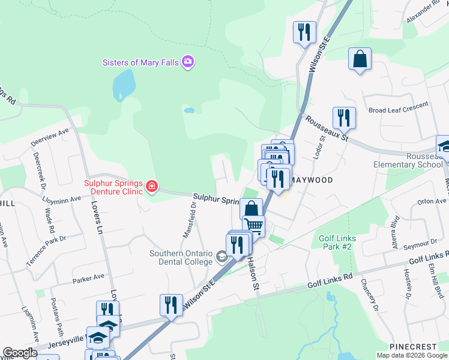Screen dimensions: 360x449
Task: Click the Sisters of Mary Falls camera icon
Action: coord(188,62)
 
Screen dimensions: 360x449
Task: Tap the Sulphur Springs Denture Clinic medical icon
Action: coord(151,187)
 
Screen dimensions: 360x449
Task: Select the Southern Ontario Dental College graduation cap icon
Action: coord(221,258)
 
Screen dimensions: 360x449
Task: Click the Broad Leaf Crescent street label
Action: coord(399,107)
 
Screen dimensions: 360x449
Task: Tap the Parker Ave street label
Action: coord(88,278)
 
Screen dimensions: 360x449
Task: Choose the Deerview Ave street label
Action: coord(50,137)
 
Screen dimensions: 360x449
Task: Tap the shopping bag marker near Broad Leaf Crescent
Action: coord(360,59)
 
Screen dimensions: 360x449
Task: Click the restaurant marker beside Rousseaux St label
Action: coord(344,118)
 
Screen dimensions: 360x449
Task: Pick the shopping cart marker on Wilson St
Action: coord(254,226)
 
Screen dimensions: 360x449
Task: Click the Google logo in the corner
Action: coord(19,353)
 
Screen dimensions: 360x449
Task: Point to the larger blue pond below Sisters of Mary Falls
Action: coord(122,84)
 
